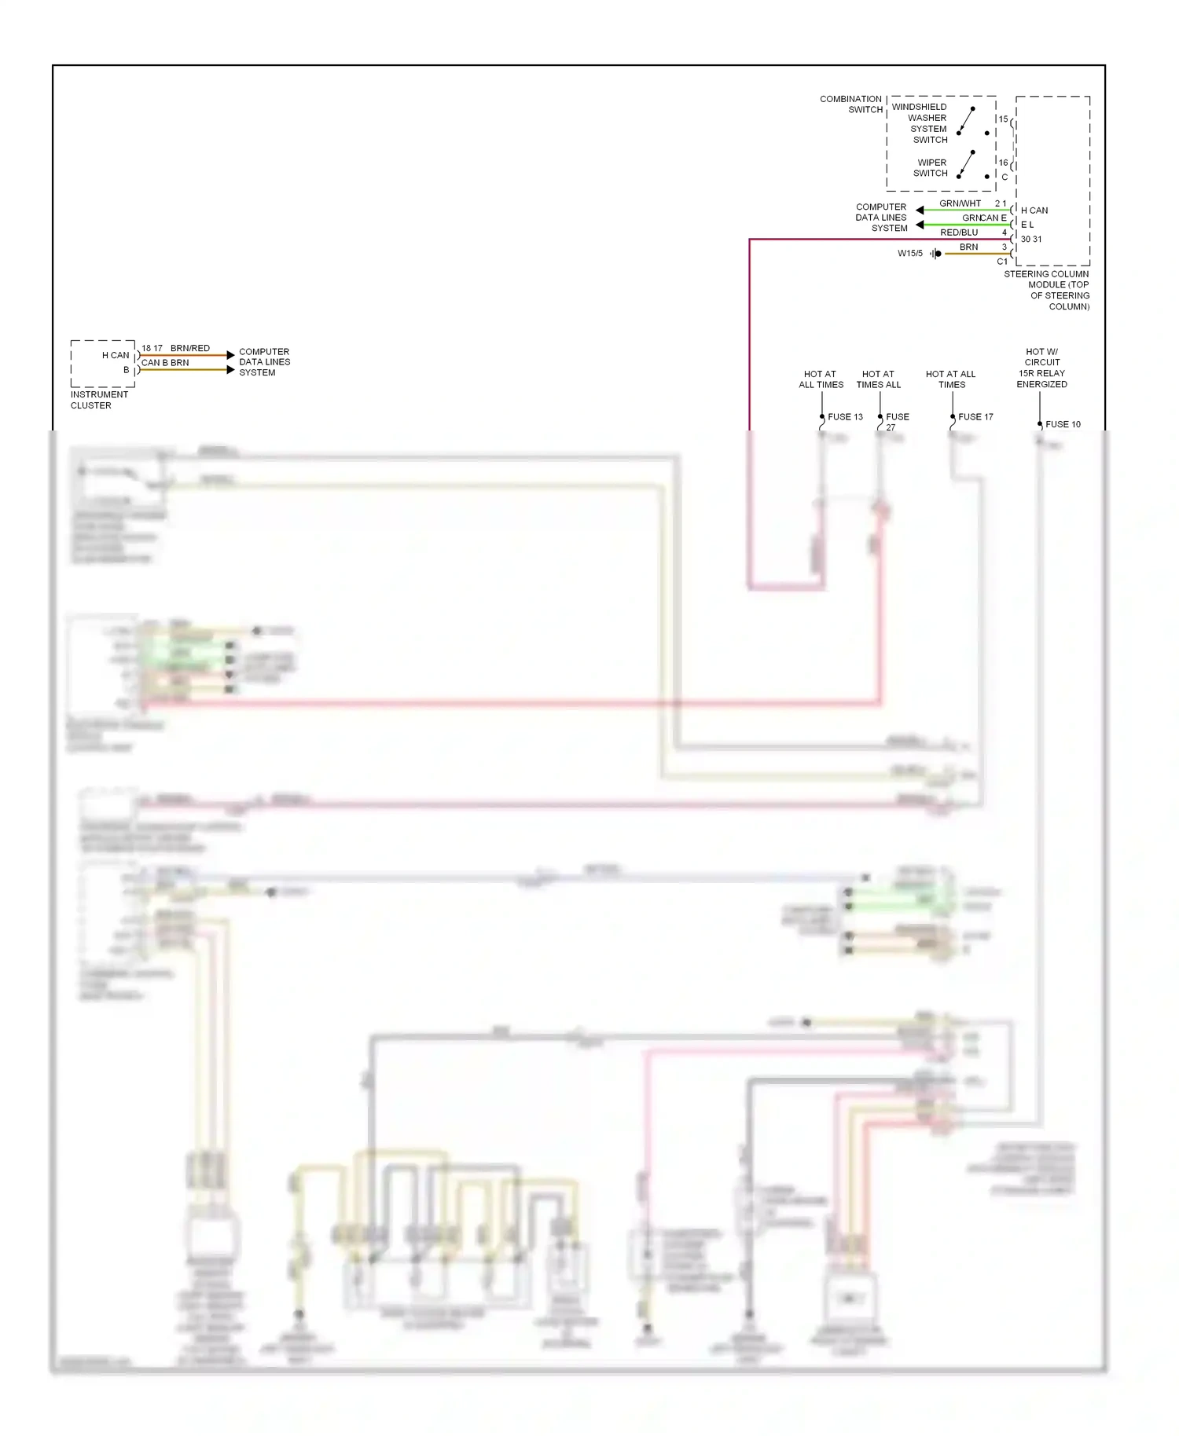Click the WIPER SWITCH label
pos(931,168)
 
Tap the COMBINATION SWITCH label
pos(851,104)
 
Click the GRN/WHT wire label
pos(960,203)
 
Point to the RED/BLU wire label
pos(959,233)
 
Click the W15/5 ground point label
pos(910,253)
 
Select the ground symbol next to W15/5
pos(935,254)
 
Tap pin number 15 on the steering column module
pos(1003,119)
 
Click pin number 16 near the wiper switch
pos(1003,163)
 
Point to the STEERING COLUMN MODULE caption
pos(1048,291)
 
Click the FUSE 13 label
pos(845,417)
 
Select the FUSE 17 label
pos(975,417)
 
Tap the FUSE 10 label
pos(1063,424)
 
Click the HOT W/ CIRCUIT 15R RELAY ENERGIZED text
pos(1041,368)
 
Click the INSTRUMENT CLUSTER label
pos(98,400)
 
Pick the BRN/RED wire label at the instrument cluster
pos(190,348)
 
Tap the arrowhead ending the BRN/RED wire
pos(230,355)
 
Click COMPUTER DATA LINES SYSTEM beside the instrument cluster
pos(264,362)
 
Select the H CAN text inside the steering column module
pos(1034,211)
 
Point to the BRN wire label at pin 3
pos(968,247)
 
